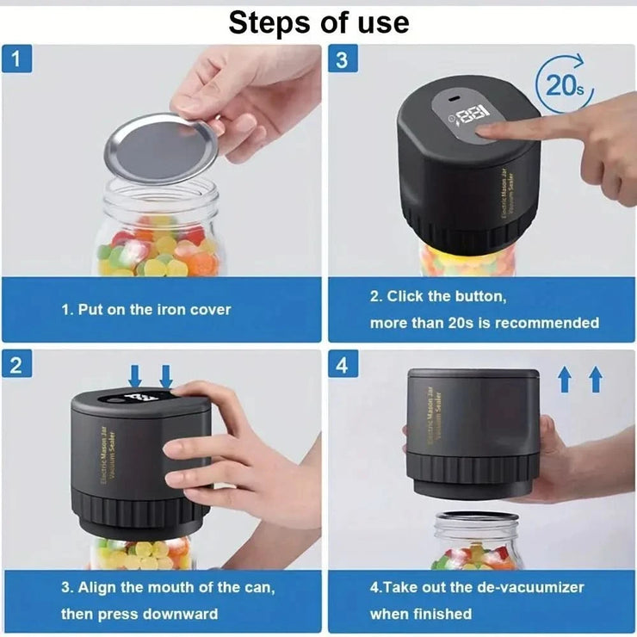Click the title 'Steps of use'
coord(318,23)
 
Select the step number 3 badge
coord(343,61)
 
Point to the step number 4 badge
coord(343,364)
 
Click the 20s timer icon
coord(563,83)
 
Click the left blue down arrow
coord(134,375)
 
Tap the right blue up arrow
coord(595,378)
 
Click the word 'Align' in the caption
coord(101,587)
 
